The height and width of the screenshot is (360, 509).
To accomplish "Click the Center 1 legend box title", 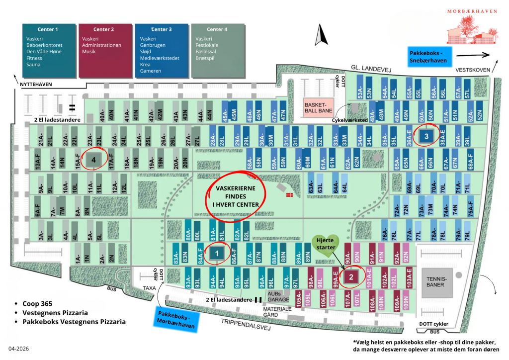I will [x=48, y=29].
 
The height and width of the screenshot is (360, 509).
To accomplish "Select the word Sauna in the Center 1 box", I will [x=34, y=65].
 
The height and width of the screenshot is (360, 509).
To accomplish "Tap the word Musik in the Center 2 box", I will [x=89, y=52].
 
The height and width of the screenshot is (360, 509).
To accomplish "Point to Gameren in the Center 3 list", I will [x=151, y=71].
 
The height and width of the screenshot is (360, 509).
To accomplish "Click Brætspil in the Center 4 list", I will [x=207, y=58].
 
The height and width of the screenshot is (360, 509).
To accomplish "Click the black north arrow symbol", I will [x=321, y=35].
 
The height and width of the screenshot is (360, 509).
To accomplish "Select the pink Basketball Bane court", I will [x=317, y=108].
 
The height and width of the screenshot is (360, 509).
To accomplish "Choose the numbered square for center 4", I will [x=93, y=160].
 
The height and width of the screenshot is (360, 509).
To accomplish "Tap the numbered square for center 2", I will [x=351, y=277].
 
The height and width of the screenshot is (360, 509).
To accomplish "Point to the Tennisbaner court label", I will [x=437, y=282].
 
